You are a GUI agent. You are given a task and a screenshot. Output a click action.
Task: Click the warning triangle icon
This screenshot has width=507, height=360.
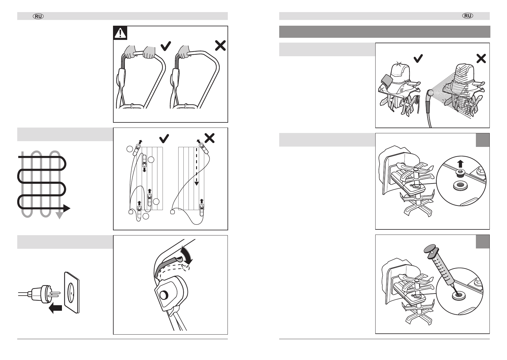coord(120,33)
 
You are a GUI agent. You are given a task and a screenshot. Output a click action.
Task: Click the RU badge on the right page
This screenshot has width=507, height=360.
coord(468,16)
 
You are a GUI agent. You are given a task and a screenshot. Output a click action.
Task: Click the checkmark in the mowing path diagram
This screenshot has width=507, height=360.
coord(164,138)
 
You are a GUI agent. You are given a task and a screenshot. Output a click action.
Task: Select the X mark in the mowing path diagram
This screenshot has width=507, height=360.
coord(209,138)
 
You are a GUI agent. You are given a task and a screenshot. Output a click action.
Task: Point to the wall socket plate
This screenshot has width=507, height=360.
coord(73,292)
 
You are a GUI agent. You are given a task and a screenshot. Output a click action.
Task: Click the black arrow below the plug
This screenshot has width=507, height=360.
coord(56,308)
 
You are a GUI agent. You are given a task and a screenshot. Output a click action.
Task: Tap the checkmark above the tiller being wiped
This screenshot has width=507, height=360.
coord(418,58)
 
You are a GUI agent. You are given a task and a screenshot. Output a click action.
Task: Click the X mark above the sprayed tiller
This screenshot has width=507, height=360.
coord(481,58)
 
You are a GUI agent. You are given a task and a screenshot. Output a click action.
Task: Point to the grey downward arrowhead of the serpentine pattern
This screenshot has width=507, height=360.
coord(60,216)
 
